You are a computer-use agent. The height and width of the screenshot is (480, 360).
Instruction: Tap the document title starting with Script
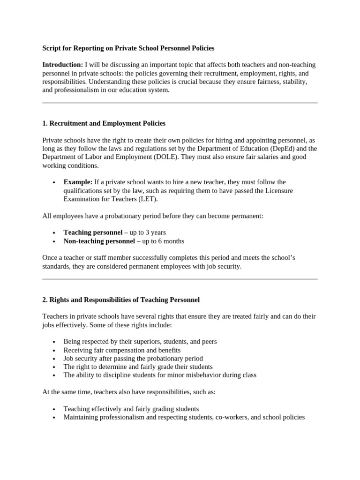(x=128, y=48)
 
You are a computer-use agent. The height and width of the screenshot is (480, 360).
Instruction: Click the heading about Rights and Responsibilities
(x=121, y=300)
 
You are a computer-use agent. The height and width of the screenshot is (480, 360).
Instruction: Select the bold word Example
(x=78, y=182)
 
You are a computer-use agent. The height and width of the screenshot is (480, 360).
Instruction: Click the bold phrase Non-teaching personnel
(x=99, y=241)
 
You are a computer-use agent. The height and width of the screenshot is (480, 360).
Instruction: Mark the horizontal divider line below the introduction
(x=180, y=103)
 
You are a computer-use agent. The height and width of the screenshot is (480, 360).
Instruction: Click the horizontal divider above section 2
(x=180, y=279)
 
